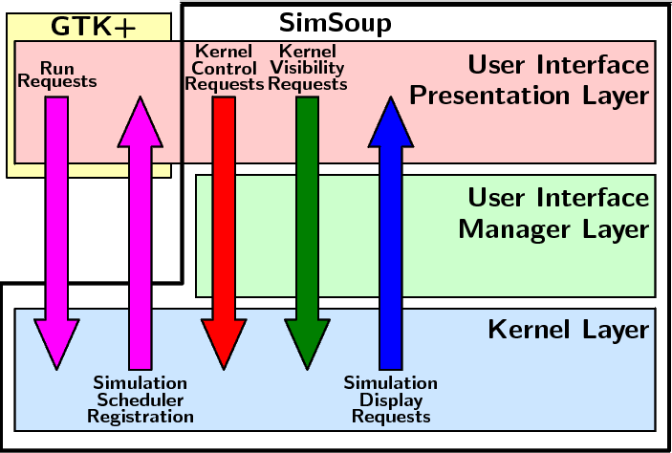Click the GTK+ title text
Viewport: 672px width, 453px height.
click(93, 26)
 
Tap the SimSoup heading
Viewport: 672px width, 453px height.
click(335, 22)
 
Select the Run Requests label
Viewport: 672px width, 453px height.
click(57, 75)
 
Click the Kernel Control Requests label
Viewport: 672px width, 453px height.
click(224, 68)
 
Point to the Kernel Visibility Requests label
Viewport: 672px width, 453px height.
click(306, 68)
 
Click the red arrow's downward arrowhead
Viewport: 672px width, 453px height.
click(224, 344)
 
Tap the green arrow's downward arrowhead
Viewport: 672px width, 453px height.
click(307, 344)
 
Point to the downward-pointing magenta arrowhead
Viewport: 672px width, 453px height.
click(57, 344)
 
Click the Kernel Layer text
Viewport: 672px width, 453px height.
click(568, 331)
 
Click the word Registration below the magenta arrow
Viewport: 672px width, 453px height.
click(140, 417)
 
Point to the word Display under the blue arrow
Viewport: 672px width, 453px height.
click(390, 399)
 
